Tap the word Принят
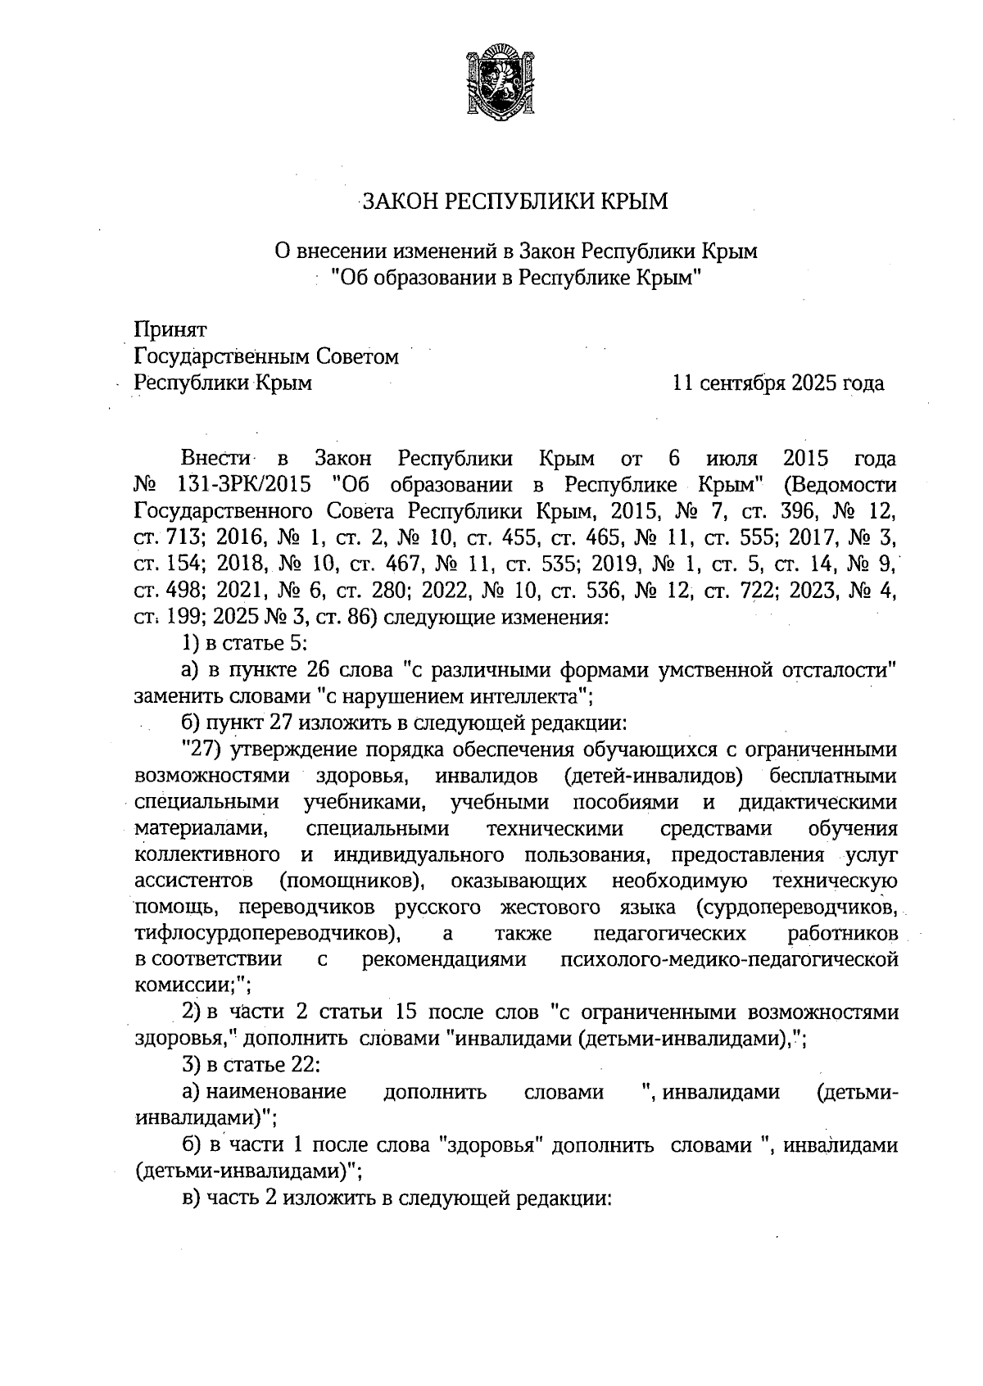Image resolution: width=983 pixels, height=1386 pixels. (170, 330)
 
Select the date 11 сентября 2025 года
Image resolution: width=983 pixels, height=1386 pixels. (777, 383)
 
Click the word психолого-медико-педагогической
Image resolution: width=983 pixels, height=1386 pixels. (728, 960)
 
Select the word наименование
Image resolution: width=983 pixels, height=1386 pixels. (275, 1093)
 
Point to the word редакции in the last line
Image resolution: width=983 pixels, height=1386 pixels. (564, 1198)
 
